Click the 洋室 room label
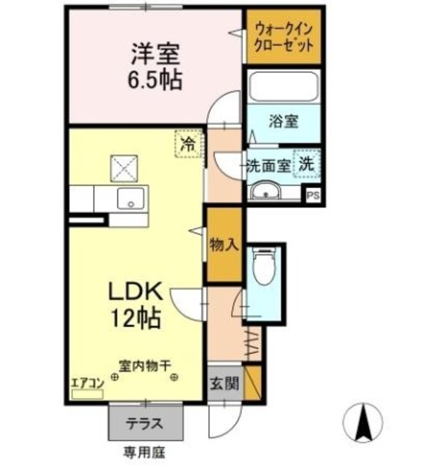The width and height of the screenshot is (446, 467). (156, 54)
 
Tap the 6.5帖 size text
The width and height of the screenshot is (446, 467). (156, 77)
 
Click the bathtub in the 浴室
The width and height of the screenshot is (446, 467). (283, 88)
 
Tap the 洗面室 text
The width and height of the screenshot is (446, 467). (267, 165)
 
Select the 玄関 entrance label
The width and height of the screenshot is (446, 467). (224, 382)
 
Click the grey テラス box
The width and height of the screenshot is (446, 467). (146, 422)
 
